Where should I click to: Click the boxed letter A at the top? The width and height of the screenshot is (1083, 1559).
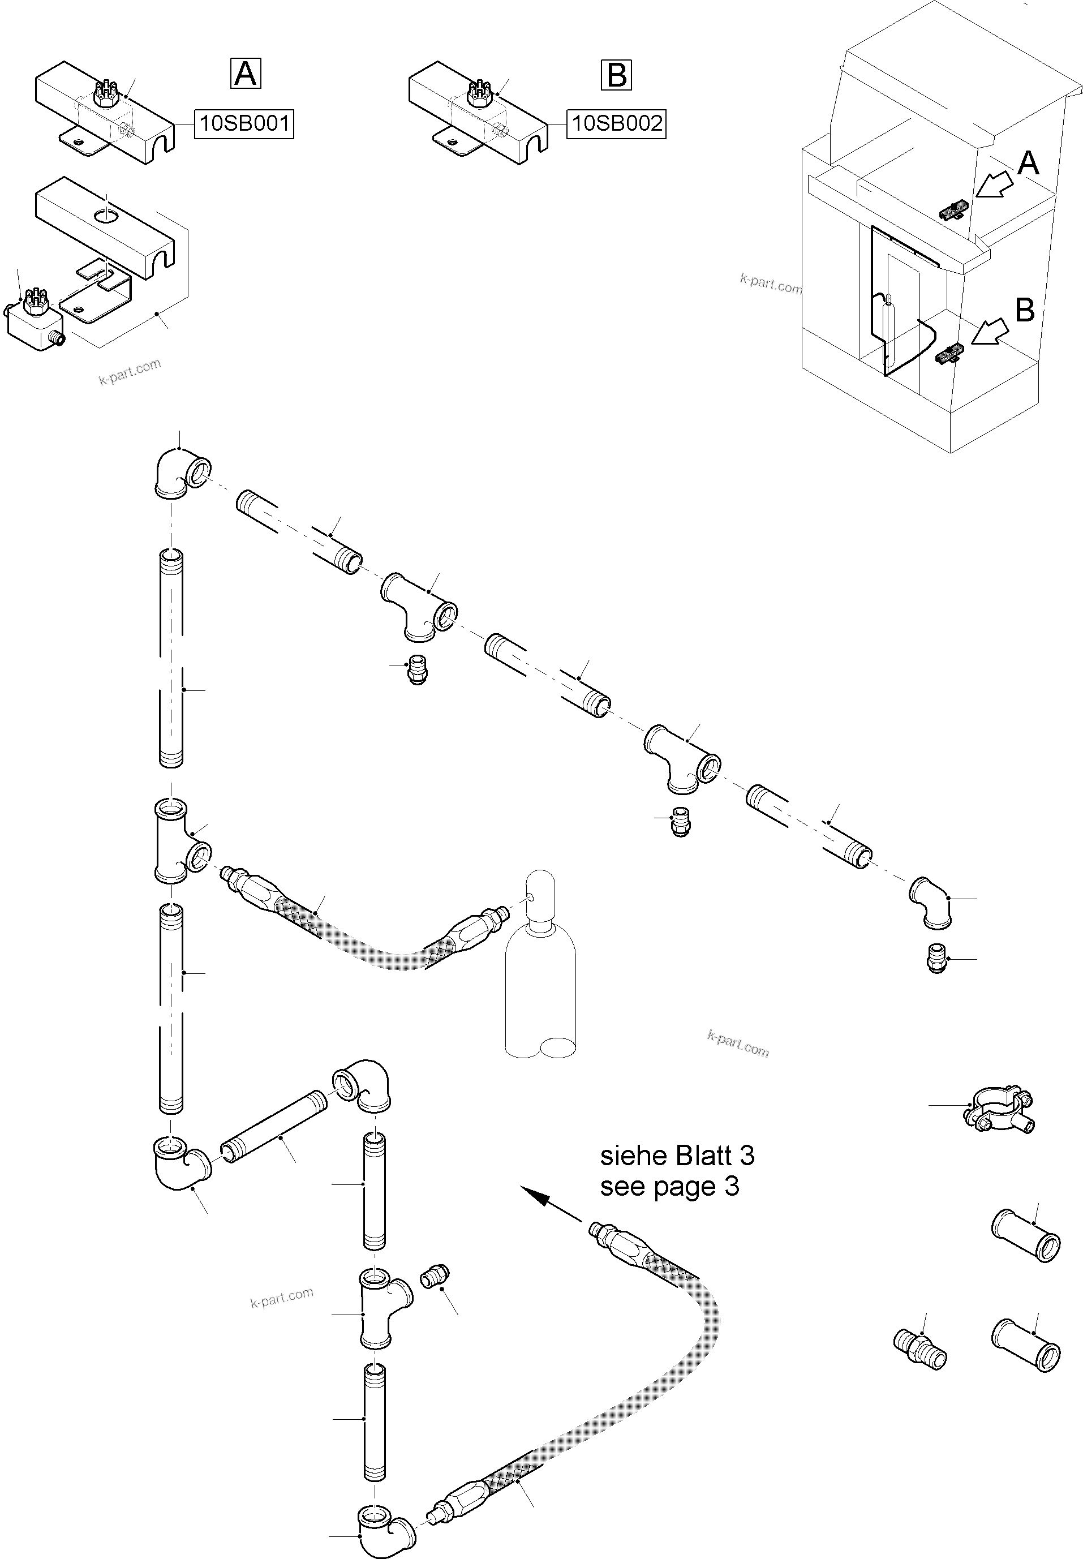tap(245, 74)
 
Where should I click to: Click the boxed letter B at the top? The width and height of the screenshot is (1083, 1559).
tap(616, 75)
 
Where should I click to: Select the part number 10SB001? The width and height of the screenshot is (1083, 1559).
tap(244, 124)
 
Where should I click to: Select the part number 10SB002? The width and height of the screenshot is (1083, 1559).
tap(616, 124)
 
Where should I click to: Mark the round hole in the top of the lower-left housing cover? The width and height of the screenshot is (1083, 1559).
tap(105, 216)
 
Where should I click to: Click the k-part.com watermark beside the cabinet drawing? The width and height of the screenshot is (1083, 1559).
tap(770, 283)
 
